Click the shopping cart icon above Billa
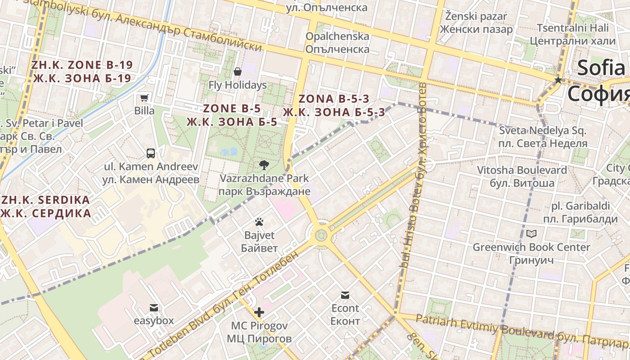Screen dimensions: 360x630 coord(144,98)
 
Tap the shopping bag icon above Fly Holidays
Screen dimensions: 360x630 coord(238,72)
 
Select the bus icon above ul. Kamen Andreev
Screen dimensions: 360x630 coord(151,153)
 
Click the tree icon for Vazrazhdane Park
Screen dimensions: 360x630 coord(264,165)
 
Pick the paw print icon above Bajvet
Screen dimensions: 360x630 coord(259,222)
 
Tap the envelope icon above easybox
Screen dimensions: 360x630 coord(154,308)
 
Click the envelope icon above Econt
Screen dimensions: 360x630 coord(345,295)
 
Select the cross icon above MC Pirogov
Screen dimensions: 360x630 coord(259,312)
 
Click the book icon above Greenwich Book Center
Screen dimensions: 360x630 coord(531,234)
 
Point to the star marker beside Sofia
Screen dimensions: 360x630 coord(558,80)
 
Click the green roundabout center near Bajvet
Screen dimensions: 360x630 coord(321,235)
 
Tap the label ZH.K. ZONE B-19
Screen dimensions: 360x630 coord(82,65)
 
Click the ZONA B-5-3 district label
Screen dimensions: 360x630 coord(333,99)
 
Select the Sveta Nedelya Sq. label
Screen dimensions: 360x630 coord(543,131)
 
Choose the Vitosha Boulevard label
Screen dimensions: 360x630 coord(522,170)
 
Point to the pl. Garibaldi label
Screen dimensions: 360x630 coord(581,206)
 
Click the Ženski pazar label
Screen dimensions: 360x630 coord(476,17)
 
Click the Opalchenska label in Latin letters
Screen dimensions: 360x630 coord(337,36)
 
